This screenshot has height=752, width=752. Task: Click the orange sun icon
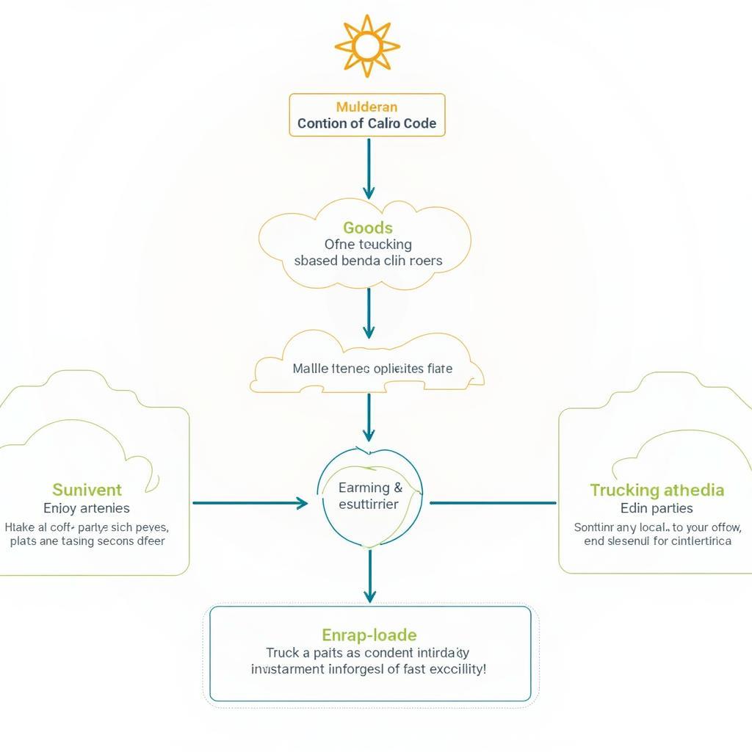(367, 46)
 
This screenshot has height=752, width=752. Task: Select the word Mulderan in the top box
(367, 107)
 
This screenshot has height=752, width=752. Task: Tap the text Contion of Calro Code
(367, 123)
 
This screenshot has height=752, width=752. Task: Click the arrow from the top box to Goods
(369, 169)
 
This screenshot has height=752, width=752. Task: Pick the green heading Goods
(368, 228)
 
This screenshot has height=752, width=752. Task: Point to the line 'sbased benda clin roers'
(368, 261)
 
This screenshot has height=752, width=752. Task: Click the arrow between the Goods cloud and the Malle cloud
(369, 312)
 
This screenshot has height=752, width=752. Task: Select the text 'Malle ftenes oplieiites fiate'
(372, 369)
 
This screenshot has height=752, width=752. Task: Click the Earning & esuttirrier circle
(370, 496)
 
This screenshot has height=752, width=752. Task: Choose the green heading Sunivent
(87, 490)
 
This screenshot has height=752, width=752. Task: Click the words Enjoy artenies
(87, 508)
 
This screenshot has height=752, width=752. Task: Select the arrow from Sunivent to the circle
(250, 503)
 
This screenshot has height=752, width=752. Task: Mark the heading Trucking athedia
(657, 490)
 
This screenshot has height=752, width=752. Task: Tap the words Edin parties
(657, 508)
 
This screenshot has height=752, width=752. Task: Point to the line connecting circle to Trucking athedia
(492, 503)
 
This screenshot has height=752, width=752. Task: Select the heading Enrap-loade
(369, 634)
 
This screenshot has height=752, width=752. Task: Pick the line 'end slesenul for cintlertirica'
(657, 541)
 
